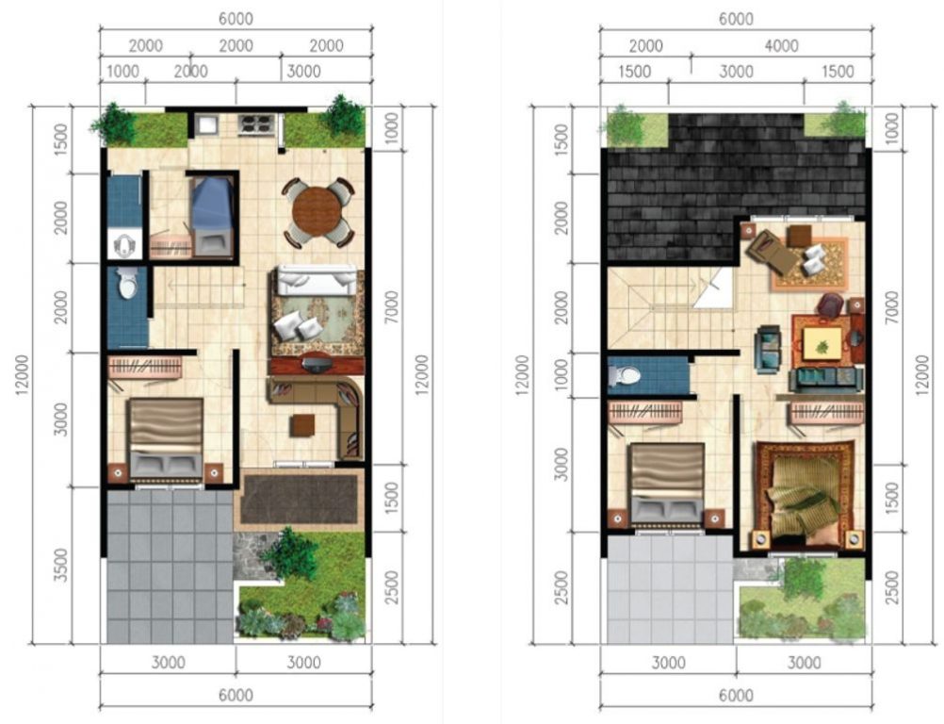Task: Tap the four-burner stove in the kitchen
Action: point(256,124)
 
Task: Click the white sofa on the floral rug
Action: point(316,279)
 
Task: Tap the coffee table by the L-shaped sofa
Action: point(301,425)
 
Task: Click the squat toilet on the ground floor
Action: point(124,243)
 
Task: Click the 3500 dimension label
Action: point(61,565)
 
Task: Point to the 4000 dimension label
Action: point(781,46)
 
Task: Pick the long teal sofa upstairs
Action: point(826,378)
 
